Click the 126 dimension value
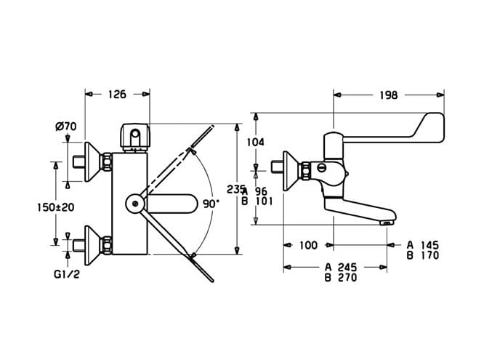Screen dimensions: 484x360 [x=117, y=95]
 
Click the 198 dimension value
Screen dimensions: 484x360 [x=389, y=95]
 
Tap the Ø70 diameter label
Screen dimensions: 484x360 [x=65, y=126]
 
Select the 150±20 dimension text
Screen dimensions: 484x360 [x=56, y=207]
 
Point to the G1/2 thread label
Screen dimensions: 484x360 [x=67, y=274]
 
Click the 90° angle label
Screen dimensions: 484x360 [x=211, y=204]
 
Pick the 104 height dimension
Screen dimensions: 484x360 [x=256, y=142]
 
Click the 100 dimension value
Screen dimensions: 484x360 [x=308, y=245]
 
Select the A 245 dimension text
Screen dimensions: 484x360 [x=341, y=267]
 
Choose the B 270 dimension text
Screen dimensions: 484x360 [x=341, y=278]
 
